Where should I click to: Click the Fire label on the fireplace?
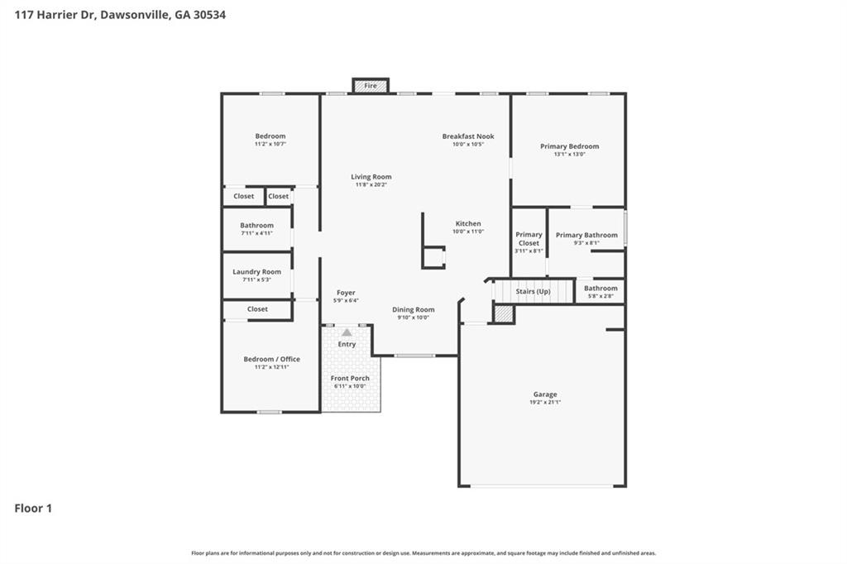point(371,86)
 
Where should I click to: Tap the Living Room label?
point(371,177)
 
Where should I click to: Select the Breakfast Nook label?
point(468,136)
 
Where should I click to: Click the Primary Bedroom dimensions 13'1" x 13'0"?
point(569,154)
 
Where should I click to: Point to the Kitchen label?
point(468,224)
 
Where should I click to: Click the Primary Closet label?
point(529,239)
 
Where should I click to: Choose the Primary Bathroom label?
point(586,235)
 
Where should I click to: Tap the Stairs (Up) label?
point(533,292)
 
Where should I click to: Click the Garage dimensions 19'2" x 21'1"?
point(544,402)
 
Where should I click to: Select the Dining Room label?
point(413,310)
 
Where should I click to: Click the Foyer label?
point(346,293)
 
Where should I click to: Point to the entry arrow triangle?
point(347,332)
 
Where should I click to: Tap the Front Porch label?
point(350,378)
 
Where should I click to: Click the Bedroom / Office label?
point(271,359)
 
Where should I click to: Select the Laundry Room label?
point(256,272)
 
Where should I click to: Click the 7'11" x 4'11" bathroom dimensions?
point(256,233)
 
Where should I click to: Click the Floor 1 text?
point(33,509)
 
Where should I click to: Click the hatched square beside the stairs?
point(505,313)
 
